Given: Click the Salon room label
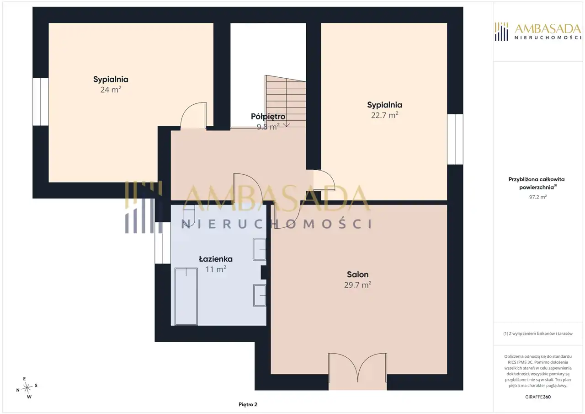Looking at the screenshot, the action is (357, 274).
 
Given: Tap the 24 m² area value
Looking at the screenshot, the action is (111, 90).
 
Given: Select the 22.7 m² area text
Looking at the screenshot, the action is (385, 115).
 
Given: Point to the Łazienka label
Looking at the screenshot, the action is (216, 259).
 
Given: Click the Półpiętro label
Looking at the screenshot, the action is (268, 117).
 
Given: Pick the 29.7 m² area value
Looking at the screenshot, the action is (357, 285).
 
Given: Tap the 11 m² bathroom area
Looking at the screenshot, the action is (216, 269).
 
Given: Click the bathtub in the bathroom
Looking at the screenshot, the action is (186, 296).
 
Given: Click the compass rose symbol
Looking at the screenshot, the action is (27, 388).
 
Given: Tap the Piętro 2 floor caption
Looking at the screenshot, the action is (248, 404).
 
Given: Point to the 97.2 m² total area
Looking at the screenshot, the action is (538, 197).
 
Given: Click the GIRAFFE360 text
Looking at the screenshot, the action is (538, 397).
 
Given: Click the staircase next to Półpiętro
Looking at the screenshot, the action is (286, 102).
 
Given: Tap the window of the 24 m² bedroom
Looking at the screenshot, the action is (41, 102).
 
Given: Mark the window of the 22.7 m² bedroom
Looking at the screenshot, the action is (455, 139).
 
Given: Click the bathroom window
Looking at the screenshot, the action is (163, 243).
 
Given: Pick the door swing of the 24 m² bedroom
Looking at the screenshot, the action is (193, 115).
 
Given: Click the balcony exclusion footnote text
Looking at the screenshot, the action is (538, 333).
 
